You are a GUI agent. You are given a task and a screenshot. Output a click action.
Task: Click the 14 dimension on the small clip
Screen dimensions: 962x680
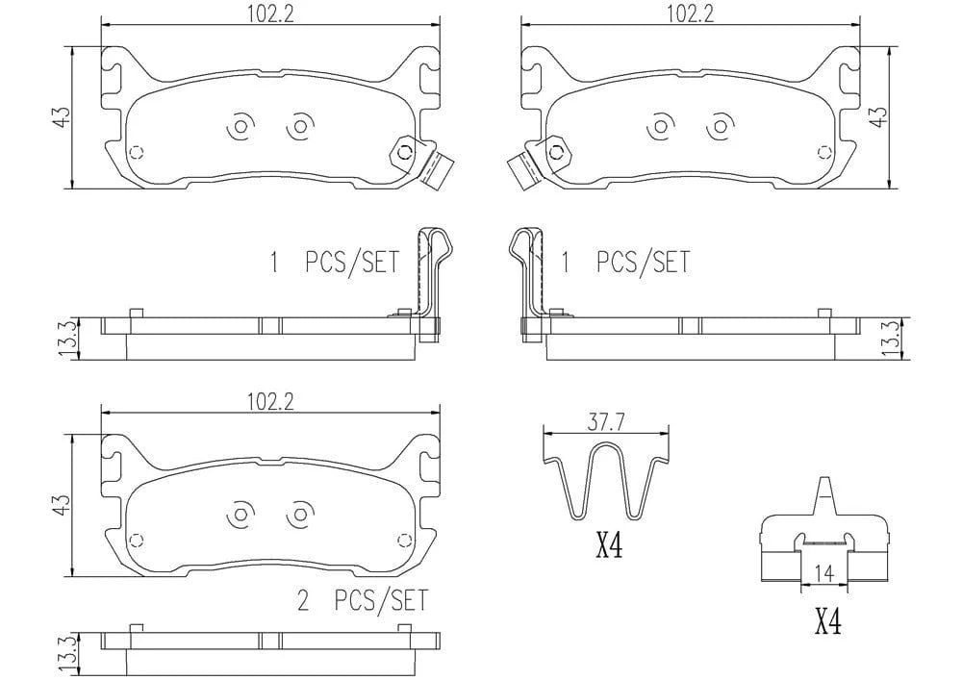(x=825, y=574)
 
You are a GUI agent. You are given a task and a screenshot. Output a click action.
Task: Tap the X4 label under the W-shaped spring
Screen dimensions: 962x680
(x=609, y=545)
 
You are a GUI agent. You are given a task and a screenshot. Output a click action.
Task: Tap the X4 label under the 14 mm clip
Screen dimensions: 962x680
(x=827, y=621)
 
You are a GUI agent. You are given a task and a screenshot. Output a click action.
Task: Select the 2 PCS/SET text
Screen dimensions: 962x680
(x=362, y=600)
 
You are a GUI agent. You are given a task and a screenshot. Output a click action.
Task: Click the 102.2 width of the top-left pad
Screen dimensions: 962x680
(x=270, y=13)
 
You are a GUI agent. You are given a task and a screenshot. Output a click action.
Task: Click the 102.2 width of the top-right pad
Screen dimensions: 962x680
(x=691, y=13)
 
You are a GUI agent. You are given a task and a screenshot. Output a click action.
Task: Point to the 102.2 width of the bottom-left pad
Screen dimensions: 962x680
(x=270, y=402)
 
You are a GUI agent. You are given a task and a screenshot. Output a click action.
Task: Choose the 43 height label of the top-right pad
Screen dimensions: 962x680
(x=879, y=116)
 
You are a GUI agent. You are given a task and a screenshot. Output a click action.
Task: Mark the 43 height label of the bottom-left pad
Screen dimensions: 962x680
(x=62, y=505)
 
